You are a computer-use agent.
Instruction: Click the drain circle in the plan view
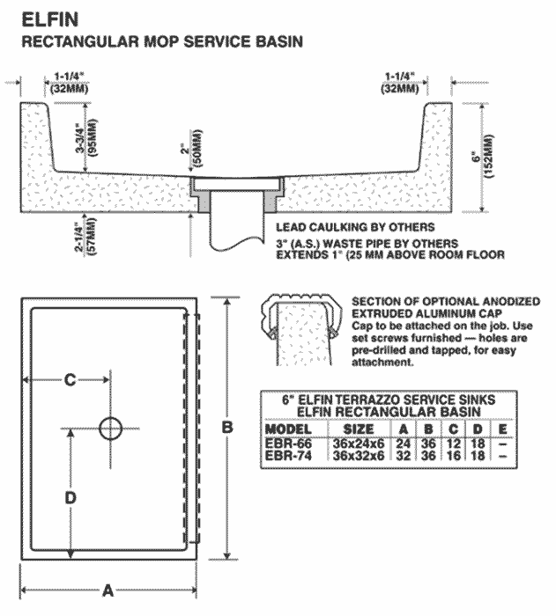coord(111,429)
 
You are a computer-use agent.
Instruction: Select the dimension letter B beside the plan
coord(226,427)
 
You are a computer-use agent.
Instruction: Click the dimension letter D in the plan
coord(71,497)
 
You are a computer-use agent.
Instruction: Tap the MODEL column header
coord(290,429)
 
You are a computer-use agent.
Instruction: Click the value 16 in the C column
coord(451,456)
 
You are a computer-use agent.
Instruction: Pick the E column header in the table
coord(502,429)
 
